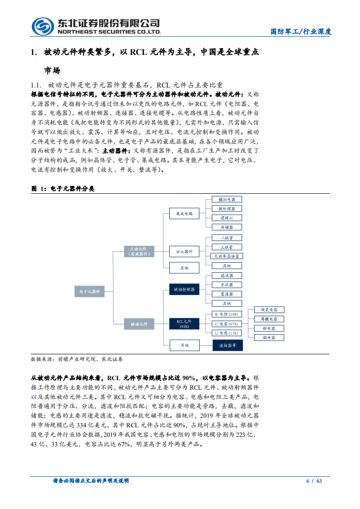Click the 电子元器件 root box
(89, 291)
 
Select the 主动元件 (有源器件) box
(139, 251)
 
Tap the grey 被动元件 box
(139, 323)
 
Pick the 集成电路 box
(184, 213)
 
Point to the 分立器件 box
(184, 251)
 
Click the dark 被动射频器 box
(184, 289)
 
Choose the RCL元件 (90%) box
(184, 323)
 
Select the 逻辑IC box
(227, 218)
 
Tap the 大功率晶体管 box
(227, 256)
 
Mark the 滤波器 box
(227, 275)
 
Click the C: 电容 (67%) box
(227, 323)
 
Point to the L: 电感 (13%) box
(227, 333)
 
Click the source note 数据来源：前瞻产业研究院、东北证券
(76, 359)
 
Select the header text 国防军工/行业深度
(301, 32)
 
